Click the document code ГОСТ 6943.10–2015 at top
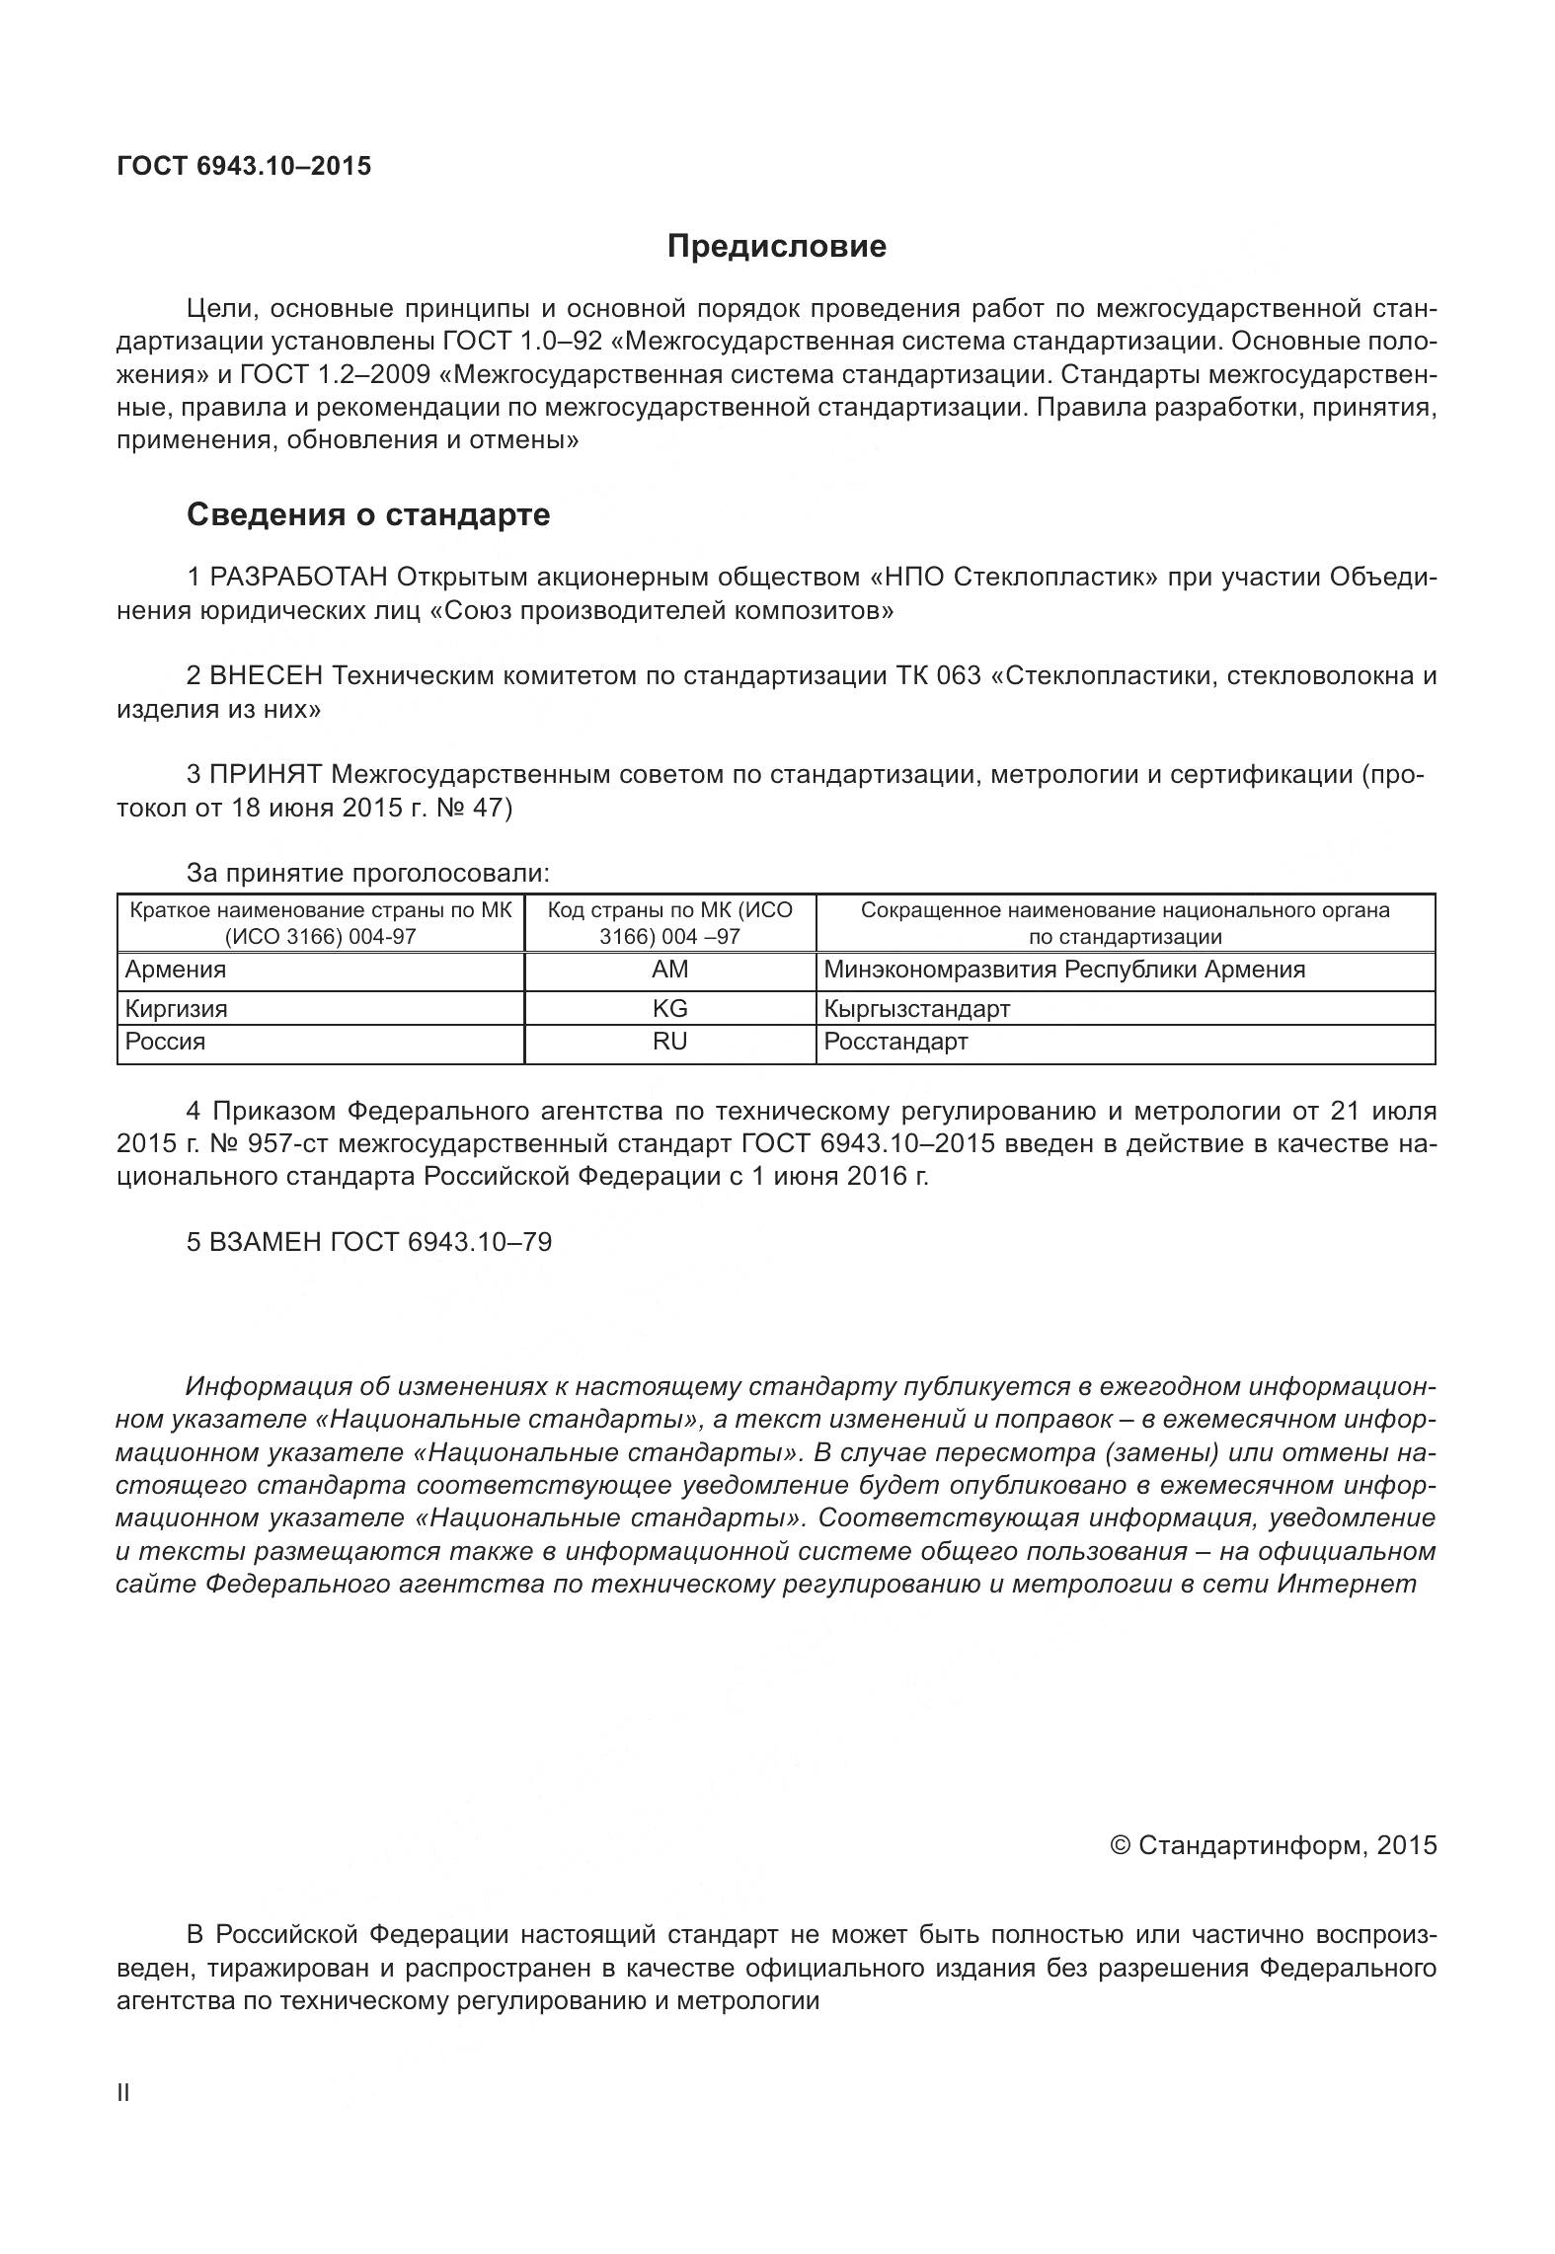click(244, 166)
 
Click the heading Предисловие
click(776, 246)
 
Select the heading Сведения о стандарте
click(368, 514)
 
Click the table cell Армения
click(176, 970)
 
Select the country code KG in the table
click(669, 1008)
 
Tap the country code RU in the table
click(669, 1042)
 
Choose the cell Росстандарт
click(895, 1042)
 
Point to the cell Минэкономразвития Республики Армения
click(1064, 970)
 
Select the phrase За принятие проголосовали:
click(368, 873)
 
